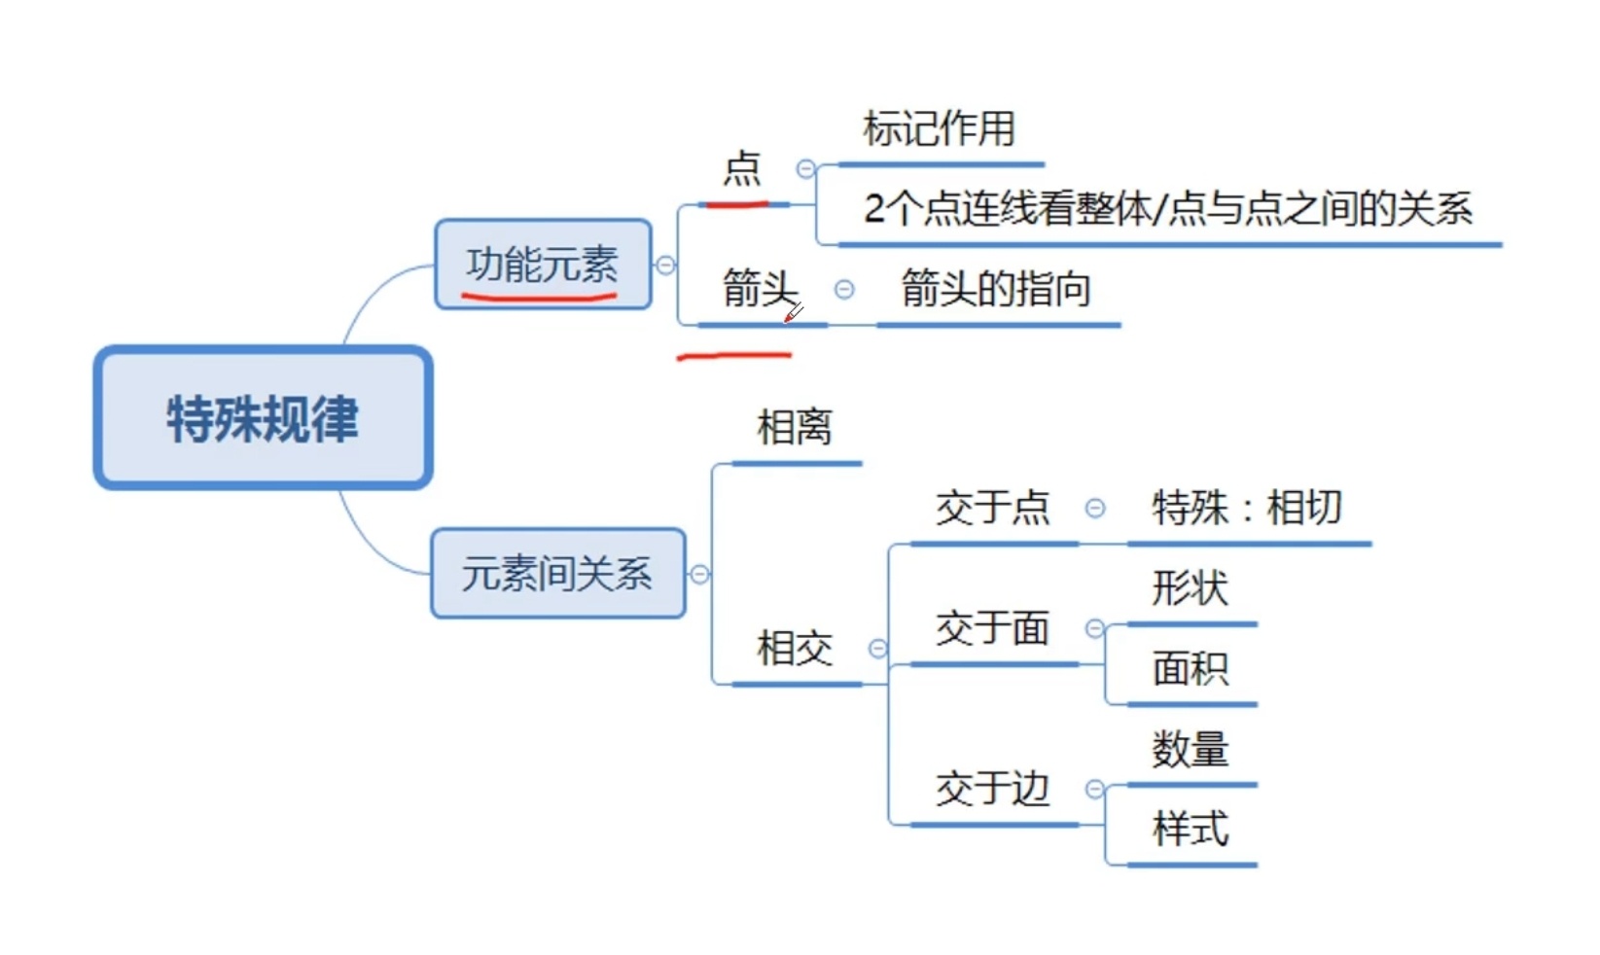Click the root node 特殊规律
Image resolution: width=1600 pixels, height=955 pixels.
click(x=263, y=418)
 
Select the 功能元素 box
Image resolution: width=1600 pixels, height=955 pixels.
click(x=543, y=265)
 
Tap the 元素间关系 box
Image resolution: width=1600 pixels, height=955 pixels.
click(x=557, y=574)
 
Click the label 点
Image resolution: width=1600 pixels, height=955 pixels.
click(x=742, y=169)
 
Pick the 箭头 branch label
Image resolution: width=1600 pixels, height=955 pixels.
click(x=760, y=289)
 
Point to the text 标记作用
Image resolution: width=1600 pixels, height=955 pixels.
click(x=940, y=128)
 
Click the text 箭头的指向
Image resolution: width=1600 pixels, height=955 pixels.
click(x=996, y=289)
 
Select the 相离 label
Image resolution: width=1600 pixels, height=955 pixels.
click(x=795, y=428)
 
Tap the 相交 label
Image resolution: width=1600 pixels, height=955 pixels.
click(x=795, y=649)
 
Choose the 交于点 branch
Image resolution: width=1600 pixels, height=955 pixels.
click(x=993, y=508)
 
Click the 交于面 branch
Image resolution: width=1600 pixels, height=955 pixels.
click(x=993, y=628)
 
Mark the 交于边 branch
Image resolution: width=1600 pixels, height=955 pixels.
click(x=993, y=789)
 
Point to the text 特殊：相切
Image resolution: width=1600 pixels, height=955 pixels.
click(x=1248, y=508)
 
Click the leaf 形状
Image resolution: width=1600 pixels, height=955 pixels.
click(x=1191, y=588)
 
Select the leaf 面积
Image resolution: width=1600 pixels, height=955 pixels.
click(x=1191, y=669)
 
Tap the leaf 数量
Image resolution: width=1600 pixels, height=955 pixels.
click(x=1191, y=750)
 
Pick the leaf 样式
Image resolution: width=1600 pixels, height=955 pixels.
click(x=1191, y=830)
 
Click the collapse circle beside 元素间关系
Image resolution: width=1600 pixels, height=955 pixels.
click(x=699, y=575)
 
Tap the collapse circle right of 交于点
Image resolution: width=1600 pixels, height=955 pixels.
click(x=1095, y=508)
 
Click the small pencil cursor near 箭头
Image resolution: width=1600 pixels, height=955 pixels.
click(x=794, y=313)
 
